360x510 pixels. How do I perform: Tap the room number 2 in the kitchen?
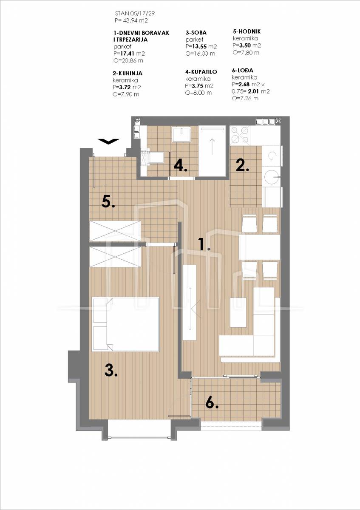coord(243,165)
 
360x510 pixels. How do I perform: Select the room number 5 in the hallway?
coord(108,201)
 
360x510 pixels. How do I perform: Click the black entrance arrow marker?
coord(108,141)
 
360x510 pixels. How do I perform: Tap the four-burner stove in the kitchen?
coord(240,136)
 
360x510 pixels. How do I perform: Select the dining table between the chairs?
coord(260,247)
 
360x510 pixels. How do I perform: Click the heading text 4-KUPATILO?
coord(201,72)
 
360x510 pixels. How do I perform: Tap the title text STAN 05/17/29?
coord(135,14)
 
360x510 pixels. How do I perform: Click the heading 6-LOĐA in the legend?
coord(243,71)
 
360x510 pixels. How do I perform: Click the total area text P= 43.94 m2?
coord(131,20)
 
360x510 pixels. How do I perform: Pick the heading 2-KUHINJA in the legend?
coord(128,73)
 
